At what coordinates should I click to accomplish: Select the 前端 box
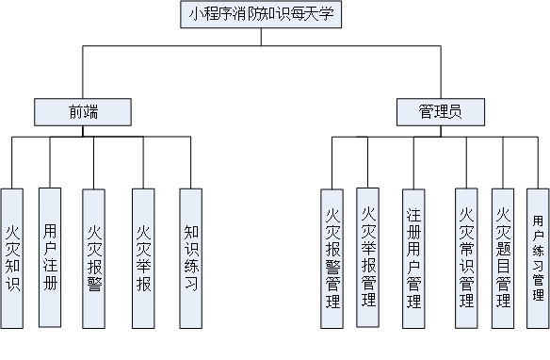(82, 112)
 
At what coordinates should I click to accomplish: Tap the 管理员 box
(440, 112)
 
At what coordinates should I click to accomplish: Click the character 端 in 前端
(90, 112)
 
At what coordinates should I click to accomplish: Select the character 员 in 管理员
(455, 112)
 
